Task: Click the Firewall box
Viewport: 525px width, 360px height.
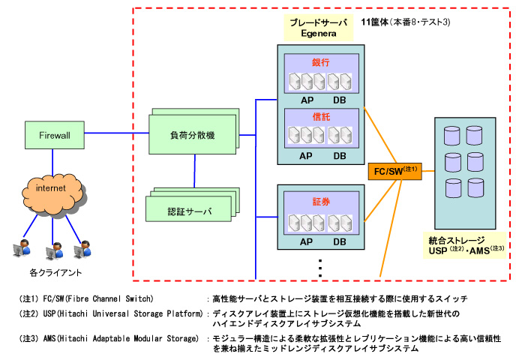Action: point(54,135)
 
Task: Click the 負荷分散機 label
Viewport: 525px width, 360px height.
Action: point(192,135)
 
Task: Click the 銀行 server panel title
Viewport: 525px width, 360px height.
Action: point(320,63)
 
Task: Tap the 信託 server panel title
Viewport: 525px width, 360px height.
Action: point(320,118)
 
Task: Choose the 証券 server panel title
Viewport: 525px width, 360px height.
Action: point(320,202)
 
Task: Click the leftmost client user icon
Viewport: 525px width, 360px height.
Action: point(24,248)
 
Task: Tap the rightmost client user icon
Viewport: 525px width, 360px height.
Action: point(85,248)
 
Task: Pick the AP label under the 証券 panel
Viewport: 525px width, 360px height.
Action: point(306,241)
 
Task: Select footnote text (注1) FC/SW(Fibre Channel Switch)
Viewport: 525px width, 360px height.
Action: point(87,298)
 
